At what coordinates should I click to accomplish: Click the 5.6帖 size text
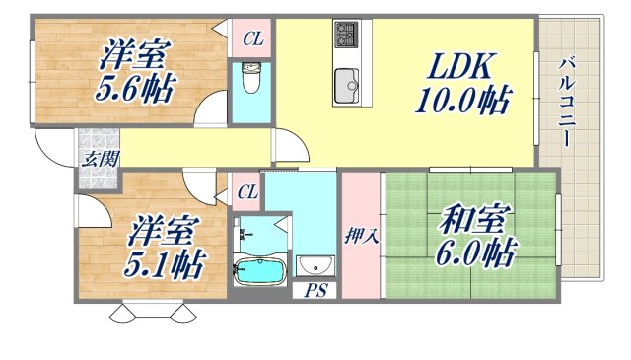pyautogui.click(x=133, y=90)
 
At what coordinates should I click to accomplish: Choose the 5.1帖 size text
pyautogui.click(x=165, y=262)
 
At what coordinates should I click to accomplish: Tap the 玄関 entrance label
pyautogui.click(x=96, y=158)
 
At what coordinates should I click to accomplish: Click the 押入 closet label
pyautogui.click(x=359, y=236)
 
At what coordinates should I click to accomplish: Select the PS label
pyautogui.click(x=315, y=290)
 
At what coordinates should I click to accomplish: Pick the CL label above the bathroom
pyautogui.click(x=247, y=192)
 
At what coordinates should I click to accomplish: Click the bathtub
pyautogui.click(x=261, y=270)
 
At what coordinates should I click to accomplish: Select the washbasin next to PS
pyautogui.click(x=316, y=264)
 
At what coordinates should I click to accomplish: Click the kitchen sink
pyautogui.click(x=347, y=86)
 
